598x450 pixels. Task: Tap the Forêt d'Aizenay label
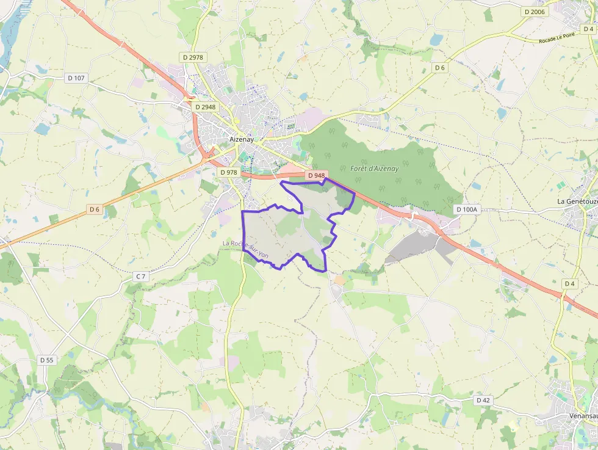(374, 168)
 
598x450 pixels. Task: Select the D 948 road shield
(316, 176)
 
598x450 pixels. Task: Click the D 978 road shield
(228, 172)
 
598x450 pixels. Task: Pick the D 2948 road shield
(204, 107)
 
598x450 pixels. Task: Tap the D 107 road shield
(77, 78)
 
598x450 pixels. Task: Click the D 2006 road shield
(535, 12)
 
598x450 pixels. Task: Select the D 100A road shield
(467, 209)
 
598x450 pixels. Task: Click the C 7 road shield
(141, 277)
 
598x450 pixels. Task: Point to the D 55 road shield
(47, 360)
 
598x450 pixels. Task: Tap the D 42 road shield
(483, 400)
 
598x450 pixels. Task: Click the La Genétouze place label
(577, 201)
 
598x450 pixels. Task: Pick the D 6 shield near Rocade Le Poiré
(440, 68)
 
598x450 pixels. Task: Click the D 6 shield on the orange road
(94, 209)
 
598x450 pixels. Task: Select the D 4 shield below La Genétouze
(569, 284)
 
